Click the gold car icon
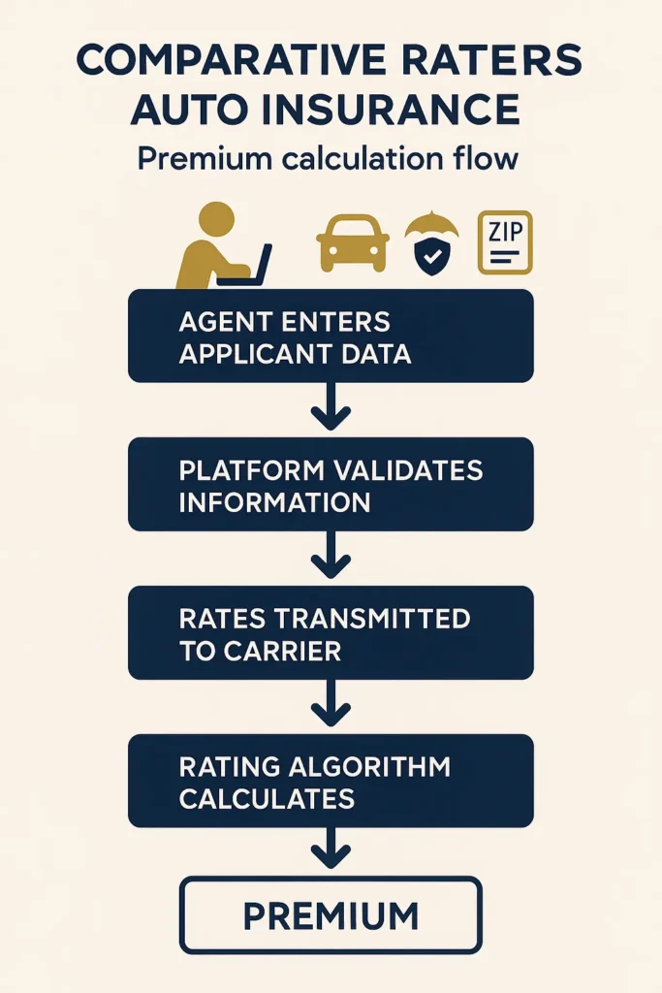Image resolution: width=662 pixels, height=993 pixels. coord(353,242)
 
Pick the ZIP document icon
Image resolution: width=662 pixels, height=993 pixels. coord(504,242)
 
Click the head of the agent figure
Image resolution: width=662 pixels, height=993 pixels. coord(216,218)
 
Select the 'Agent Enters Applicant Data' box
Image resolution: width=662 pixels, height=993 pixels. coord(331,336)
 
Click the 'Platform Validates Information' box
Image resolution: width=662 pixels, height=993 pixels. coord(331,484)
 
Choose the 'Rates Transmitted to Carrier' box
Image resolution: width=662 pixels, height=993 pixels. coord(331,632)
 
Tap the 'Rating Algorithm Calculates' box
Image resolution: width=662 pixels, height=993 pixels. coord(331,781)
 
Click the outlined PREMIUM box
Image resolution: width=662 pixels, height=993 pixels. coord(331,914)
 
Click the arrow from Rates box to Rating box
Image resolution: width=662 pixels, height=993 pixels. coord(331,706)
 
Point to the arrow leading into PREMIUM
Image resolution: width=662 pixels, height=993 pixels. coord(331,850)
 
